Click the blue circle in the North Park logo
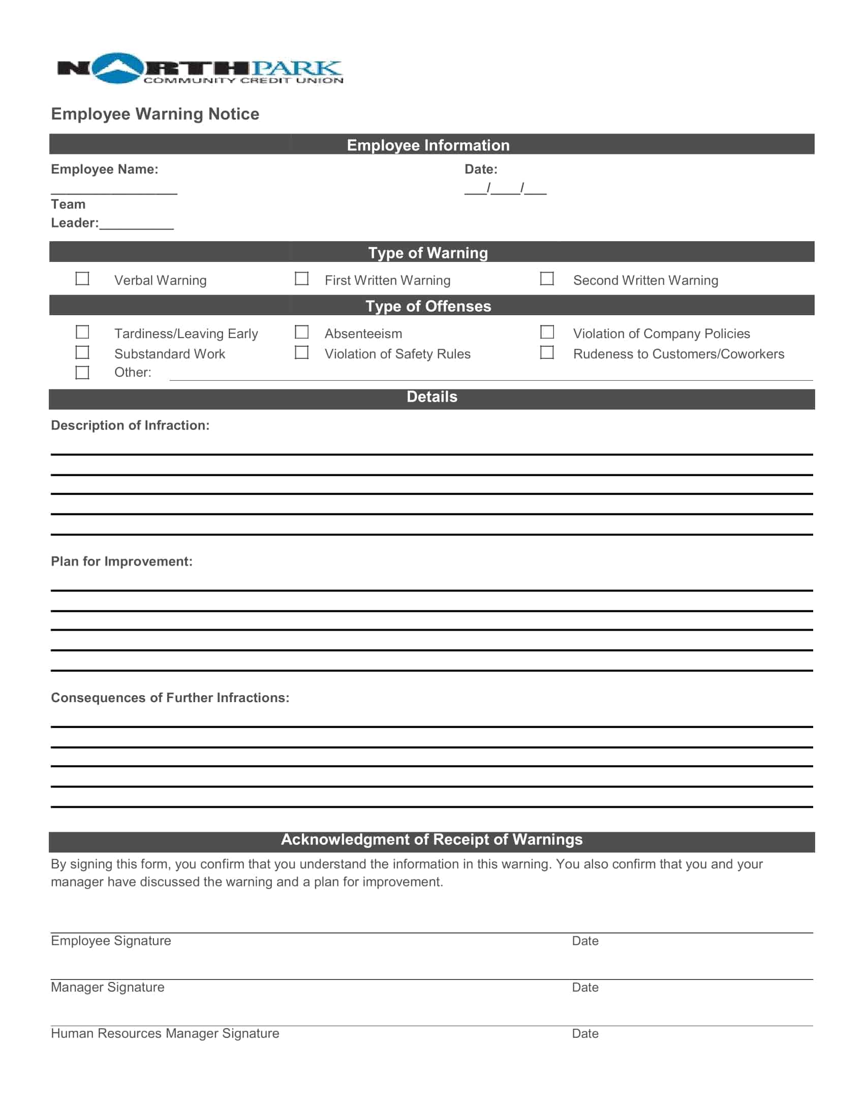point(118,68)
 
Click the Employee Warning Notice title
point(155,114)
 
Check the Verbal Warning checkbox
point(82,279)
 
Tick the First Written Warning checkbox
point(301,279)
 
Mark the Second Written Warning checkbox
point(547,279)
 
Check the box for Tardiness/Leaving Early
point(82,333)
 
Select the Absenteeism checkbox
point(301,333)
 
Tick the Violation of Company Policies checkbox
point(547,333)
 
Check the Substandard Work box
point(82,353)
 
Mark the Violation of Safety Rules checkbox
point(301,353)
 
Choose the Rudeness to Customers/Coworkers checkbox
point(547,353)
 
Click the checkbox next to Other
point(82,373)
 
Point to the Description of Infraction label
point(130,425)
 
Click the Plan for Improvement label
point(122,562)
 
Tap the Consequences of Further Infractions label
point(170,698)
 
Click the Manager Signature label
point(107,988)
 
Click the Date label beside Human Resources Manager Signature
point(585,1034)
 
